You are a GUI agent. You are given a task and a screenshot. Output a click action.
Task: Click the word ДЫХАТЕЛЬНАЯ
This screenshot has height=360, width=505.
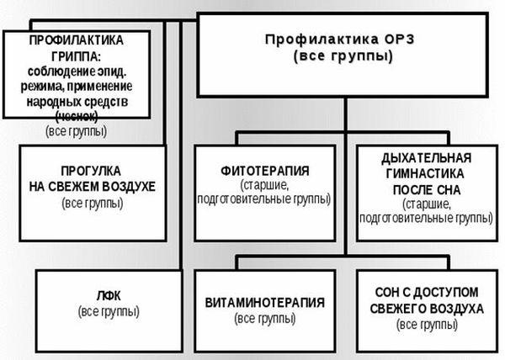(425, 157)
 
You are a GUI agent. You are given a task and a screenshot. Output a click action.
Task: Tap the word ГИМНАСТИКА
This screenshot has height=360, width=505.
(425, 173)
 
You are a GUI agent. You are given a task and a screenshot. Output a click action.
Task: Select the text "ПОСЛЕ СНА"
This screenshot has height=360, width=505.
(425, 188)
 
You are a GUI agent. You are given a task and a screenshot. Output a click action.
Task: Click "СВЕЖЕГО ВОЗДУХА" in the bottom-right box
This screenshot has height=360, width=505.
(427, 310)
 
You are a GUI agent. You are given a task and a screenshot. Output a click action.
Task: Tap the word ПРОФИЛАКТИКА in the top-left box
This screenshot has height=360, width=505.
(77, 39)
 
